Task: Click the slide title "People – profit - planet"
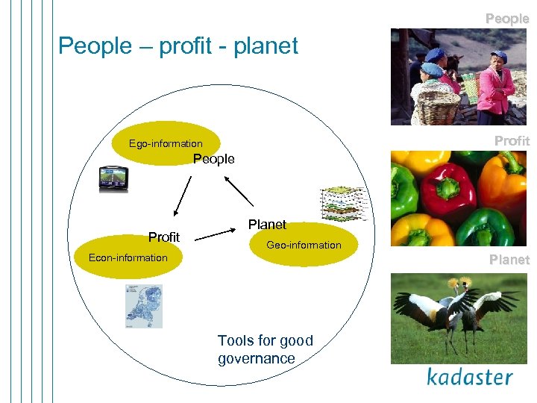point(178,46)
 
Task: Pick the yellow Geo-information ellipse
point(304,246)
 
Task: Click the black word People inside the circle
point(214,159)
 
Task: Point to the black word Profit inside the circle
point(164,237)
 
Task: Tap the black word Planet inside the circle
point(267,224)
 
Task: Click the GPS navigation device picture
point(113,178)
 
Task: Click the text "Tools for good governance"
point(265,349)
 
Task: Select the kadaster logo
point(469,376)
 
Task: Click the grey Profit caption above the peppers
point(512,140)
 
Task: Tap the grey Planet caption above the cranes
point(509,260)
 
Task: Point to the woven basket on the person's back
point(436,106)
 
